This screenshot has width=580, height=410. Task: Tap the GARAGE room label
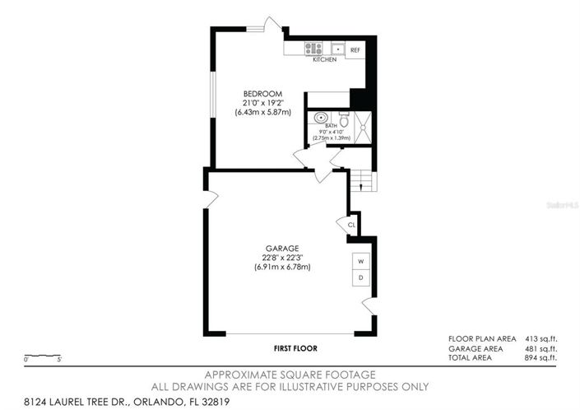281,248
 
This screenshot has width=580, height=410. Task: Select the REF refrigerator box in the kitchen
355,50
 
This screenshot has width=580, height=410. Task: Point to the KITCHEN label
324,60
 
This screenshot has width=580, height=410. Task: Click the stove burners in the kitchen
313,49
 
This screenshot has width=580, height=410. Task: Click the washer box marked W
360,262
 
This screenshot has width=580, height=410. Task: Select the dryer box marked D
360,278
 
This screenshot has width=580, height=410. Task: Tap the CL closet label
351,224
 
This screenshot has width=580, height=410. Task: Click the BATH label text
330,125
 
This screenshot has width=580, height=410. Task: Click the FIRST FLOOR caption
295,348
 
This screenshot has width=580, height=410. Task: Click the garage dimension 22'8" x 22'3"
281,257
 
